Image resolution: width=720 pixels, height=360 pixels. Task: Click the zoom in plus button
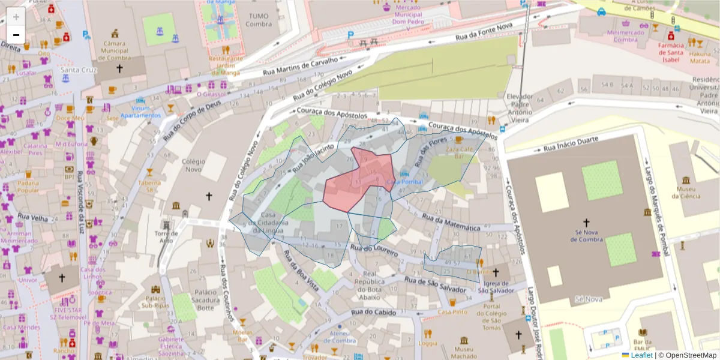point(16,16)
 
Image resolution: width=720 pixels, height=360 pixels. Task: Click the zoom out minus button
point(16,35)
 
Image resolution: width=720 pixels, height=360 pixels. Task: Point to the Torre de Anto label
point(164,236)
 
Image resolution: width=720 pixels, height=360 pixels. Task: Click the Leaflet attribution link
point(641,355)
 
